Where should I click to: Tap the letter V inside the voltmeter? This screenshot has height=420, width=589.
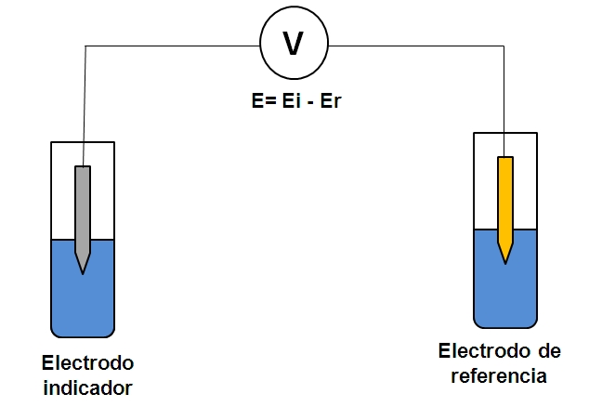click(293, 45)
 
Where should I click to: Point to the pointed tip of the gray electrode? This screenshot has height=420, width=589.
click(83, 269)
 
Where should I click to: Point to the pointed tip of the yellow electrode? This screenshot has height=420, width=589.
click(505, 260)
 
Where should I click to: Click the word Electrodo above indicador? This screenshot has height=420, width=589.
click(88, 361)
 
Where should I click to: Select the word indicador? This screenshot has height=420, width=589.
click(88, 387)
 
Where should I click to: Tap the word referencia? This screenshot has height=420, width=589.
click(499, 375)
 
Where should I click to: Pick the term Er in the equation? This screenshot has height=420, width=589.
click(332, 100)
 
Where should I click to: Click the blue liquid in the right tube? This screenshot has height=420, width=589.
click(505, 293)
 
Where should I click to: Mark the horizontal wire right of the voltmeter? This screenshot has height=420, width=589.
click(418, 45)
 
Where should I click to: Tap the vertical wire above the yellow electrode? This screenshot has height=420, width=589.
click(505, 102)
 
